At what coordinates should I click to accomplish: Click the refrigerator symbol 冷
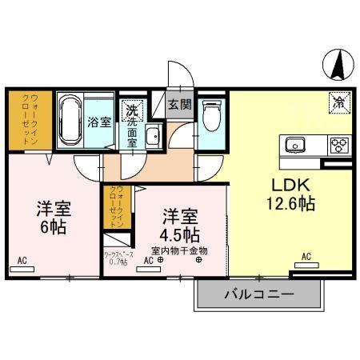(x=338, y=102)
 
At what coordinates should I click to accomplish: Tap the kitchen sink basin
(x=294, y=146)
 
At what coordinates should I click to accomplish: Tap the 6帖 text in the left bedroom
(x=52, y=226)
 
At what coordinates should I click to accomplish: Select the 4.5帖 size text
(x=179, y=235)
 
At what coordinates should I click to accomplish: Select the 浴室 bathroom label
(x=99, y=122)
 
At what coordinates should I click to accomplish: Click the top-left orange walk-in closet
(x=30, y=120)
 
